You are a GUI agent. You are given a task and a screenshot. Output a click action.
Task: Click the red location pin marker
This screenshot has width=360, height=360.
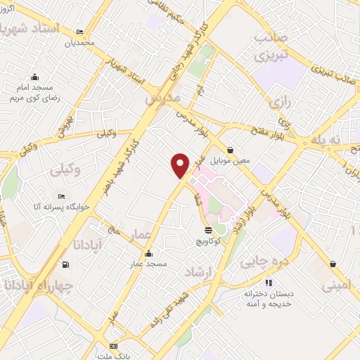(x=181, y=165)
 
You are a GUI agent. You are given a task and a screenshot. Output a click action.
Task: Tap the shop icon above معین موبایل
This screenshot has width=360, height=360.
(x=231, y=149)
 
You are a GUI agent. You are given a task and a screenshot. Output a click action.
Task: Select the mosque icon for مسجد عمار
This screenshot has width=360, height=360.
(x=148, y=254)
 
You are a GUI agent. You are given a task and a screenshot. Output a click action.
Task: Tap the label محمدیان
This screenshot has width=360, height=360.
(x=79, y=43)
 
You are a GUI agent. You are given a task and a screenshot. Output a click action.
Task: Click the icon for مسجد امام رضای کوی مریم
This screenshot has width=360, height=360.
(x=34, y=78)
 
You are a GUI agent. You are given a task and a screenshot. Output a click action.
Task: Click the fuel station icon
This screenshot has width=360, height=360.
(x=65, y=264)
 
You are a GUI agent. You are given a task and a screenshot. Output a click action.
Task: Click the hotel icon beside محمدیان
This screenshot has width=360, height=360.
(x=79, y=32)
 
